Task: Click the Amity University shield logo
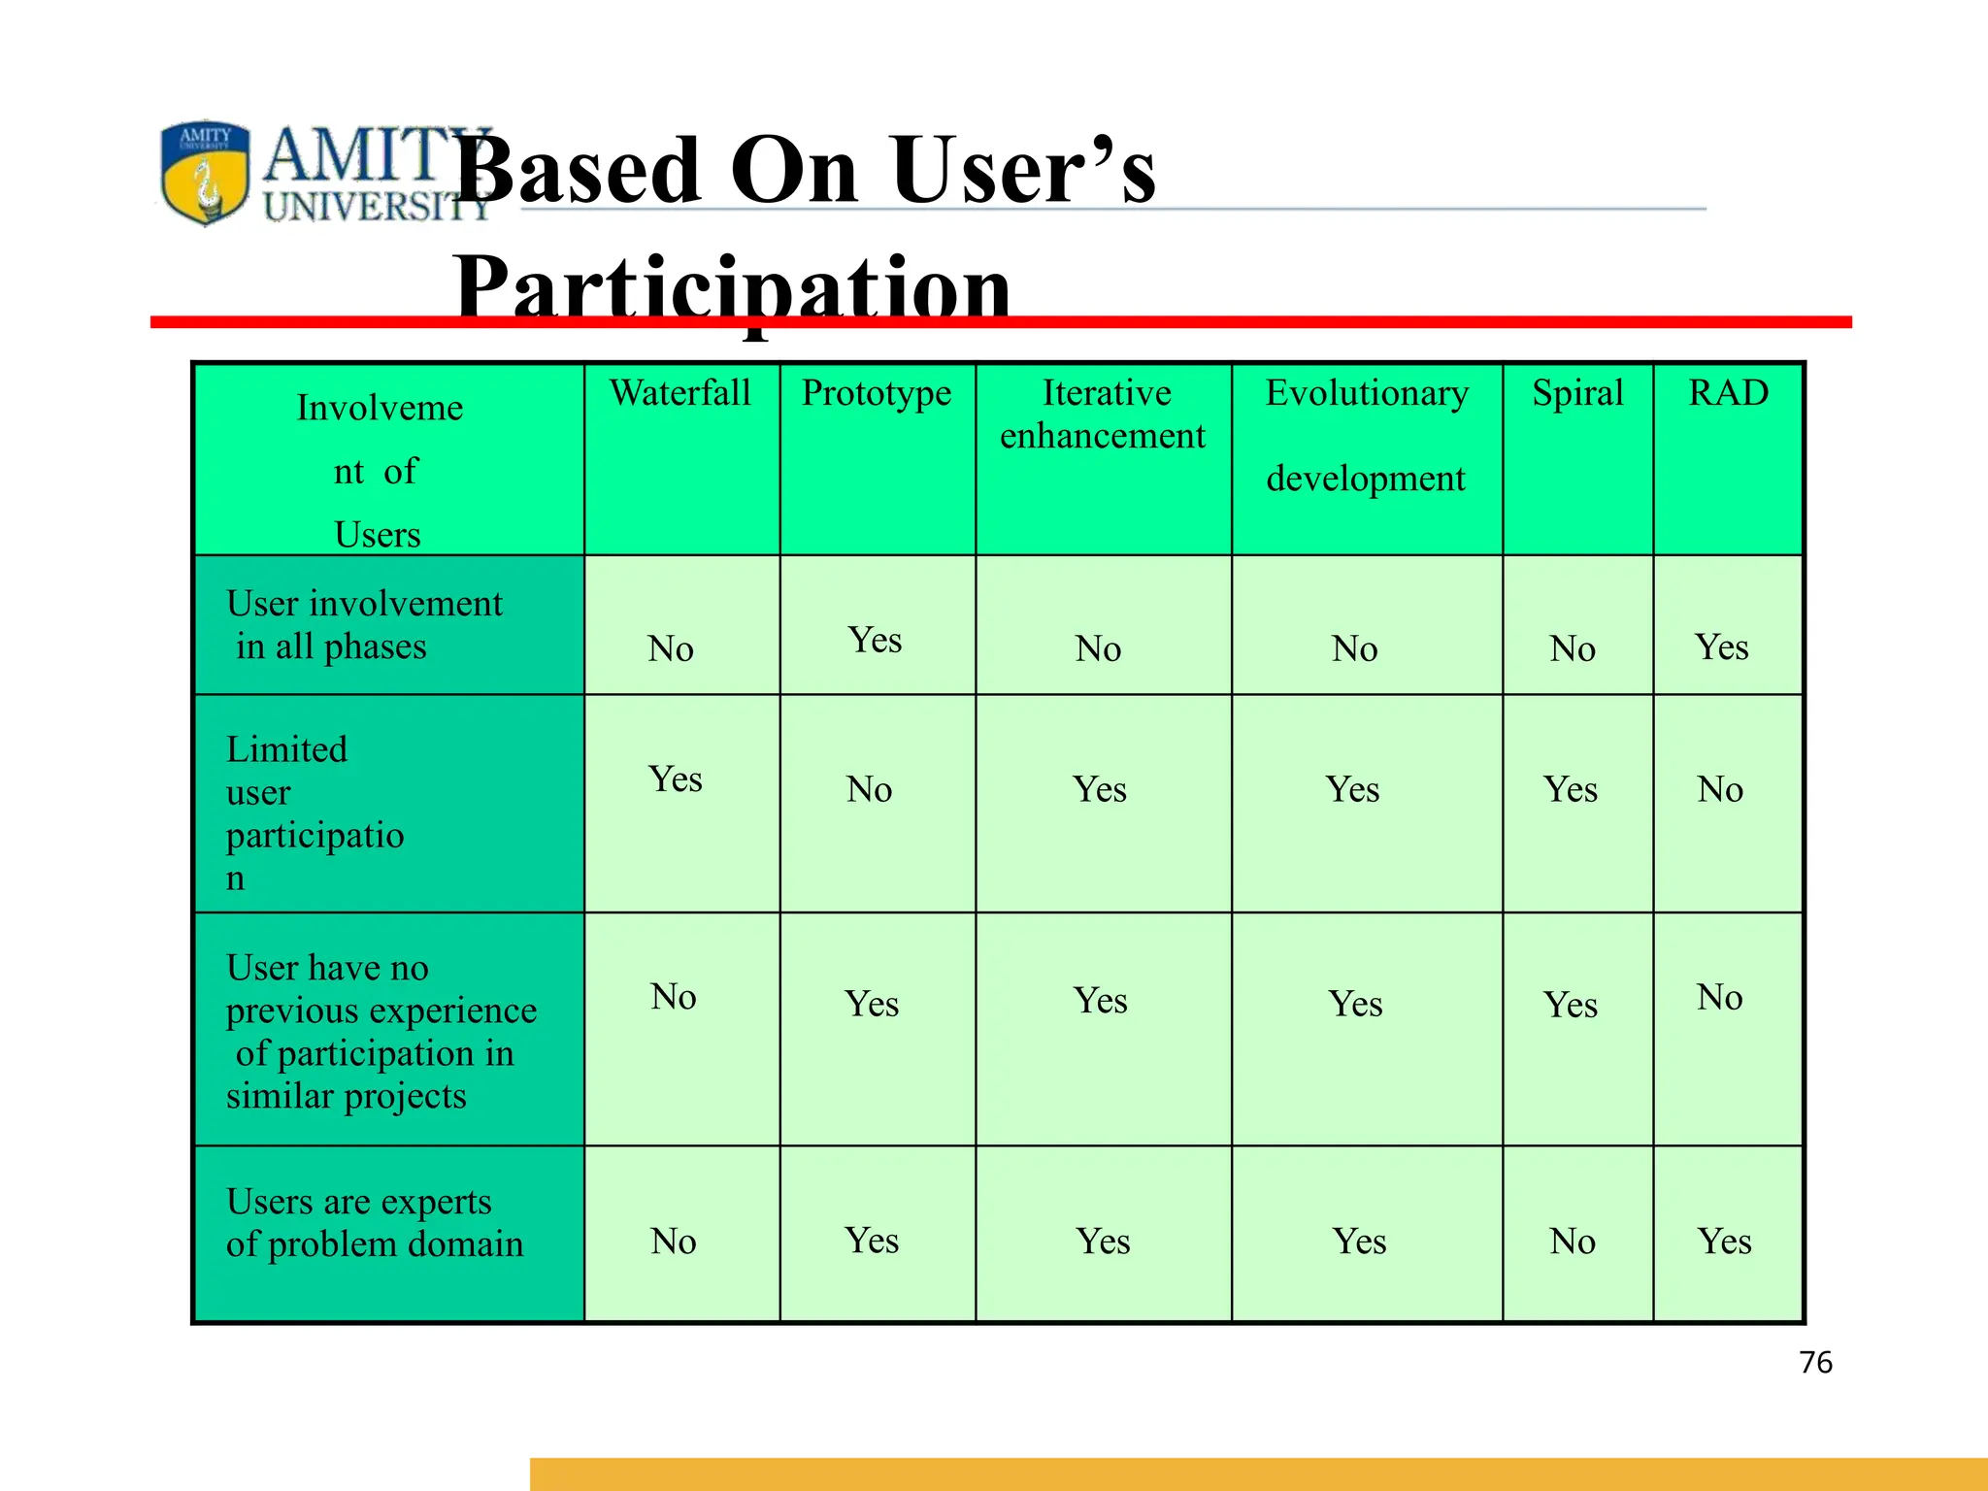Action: (205, 173)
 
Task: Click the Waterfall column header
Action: (680, 393)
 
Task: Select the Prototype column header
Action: (877, 393)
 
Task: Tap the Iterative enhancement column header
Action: (1104, 414)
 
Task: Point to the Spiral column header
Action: (1577, 393)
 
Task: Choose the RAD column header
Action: (1728, 393)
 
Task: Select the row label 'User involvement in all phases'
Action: (364, 625)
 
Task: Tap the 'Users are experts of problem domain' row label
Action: (374, 1223)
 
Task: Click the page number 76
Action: (1815, 1363)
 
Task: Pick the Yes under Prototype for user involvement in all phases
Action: (875, 641)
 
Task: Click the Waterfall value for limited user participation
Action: (675, 779)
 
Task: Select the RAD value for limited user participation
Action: (1720, 790)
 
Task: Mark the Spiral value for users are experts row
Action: (1573, 1242)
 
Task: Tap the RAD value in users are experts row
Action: (1724, 1242)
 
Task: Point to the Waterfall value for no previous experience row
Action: (674, 997)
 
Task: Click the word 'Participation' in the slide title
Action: (733, 289)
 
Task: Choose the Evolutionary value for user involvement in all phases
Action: (1354, 648)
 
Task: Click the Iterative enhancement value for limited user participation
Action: (1100, 790)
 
